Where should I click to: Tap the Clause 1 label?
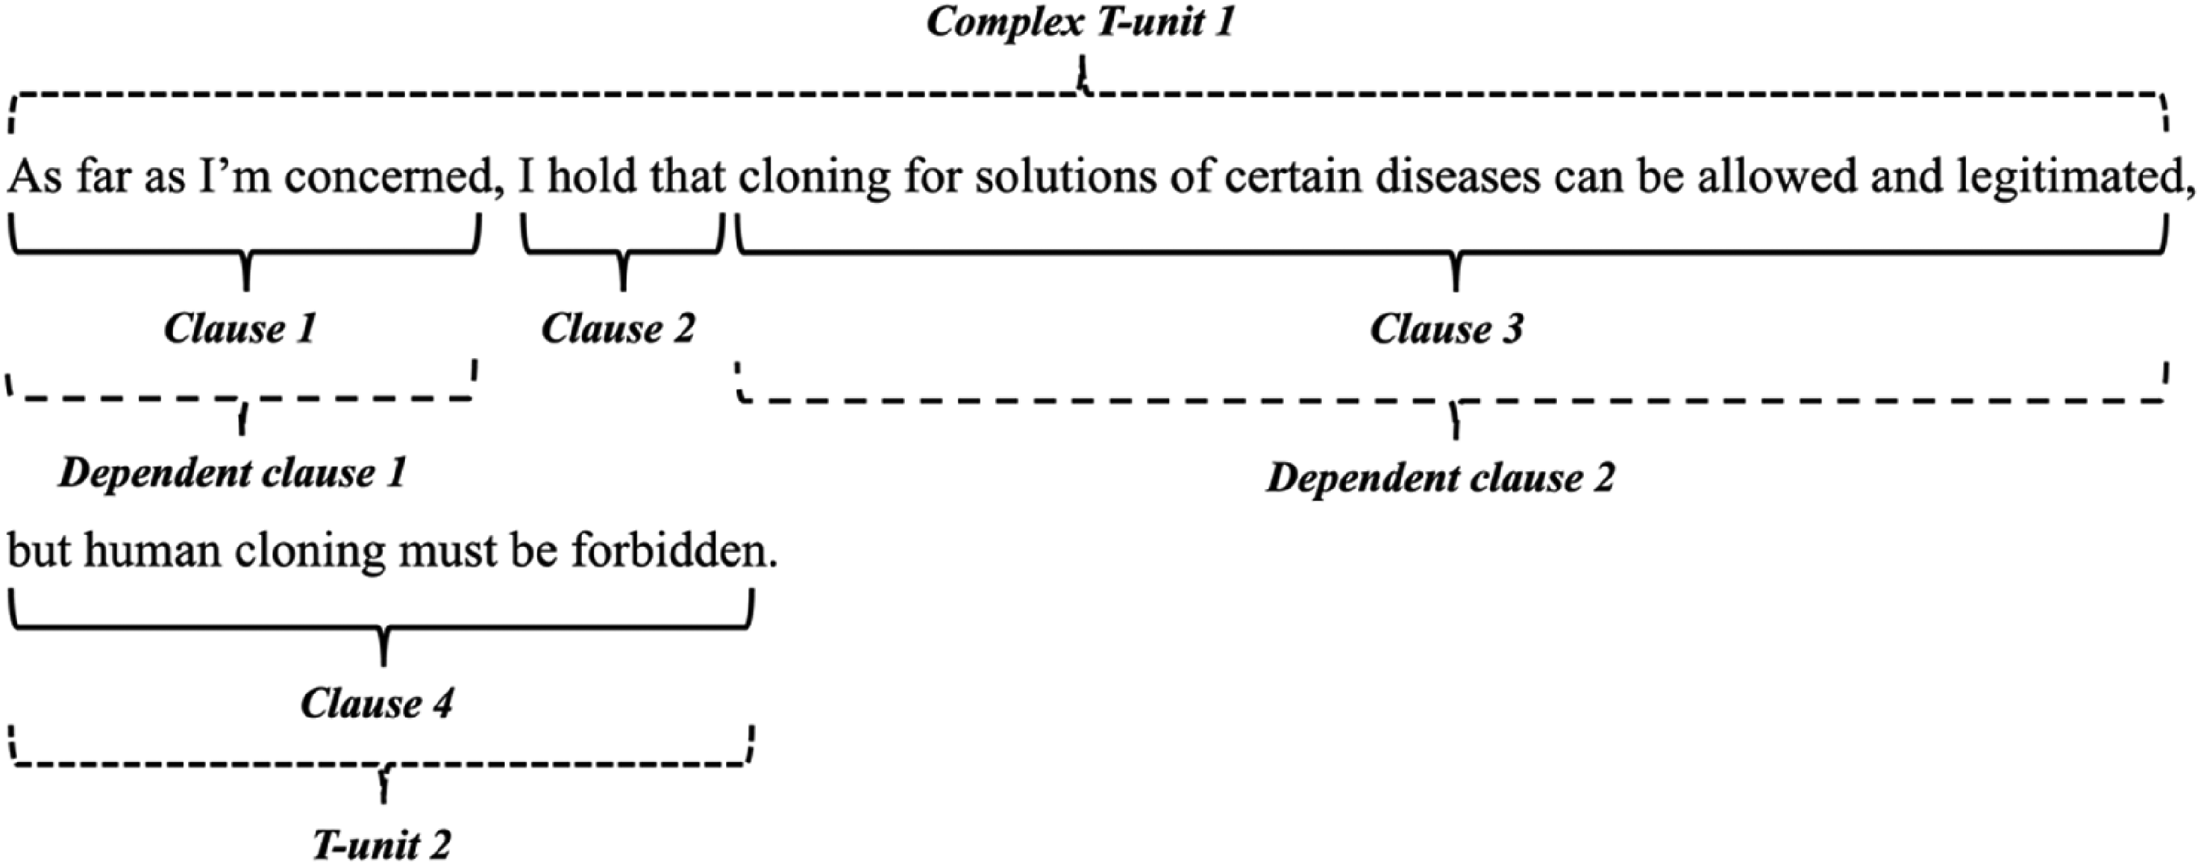point(240,329)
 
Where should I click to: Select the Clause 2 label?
point(619,329)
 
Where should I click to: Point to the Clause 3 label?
point(1447,329)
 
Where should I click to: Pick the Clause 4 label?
point(377,704)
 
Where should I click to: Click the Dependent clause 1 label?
point(232,473)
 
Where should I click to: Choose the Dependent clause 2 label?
point(1441,477)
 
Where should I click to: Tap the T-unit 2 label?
point(381,845)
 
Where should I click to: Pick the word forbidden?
point(675,551)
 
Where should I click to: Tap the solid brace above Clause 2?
point(623,253)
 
